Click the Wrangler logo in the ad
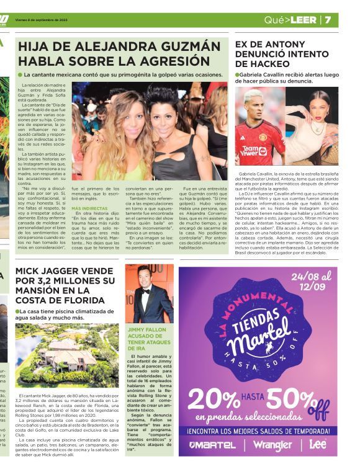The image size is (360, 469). [272, 445]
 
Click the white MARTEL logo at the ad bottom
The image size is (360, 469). [213, 445]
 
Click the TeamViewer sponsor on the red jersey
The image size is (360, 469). [254, 150]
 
